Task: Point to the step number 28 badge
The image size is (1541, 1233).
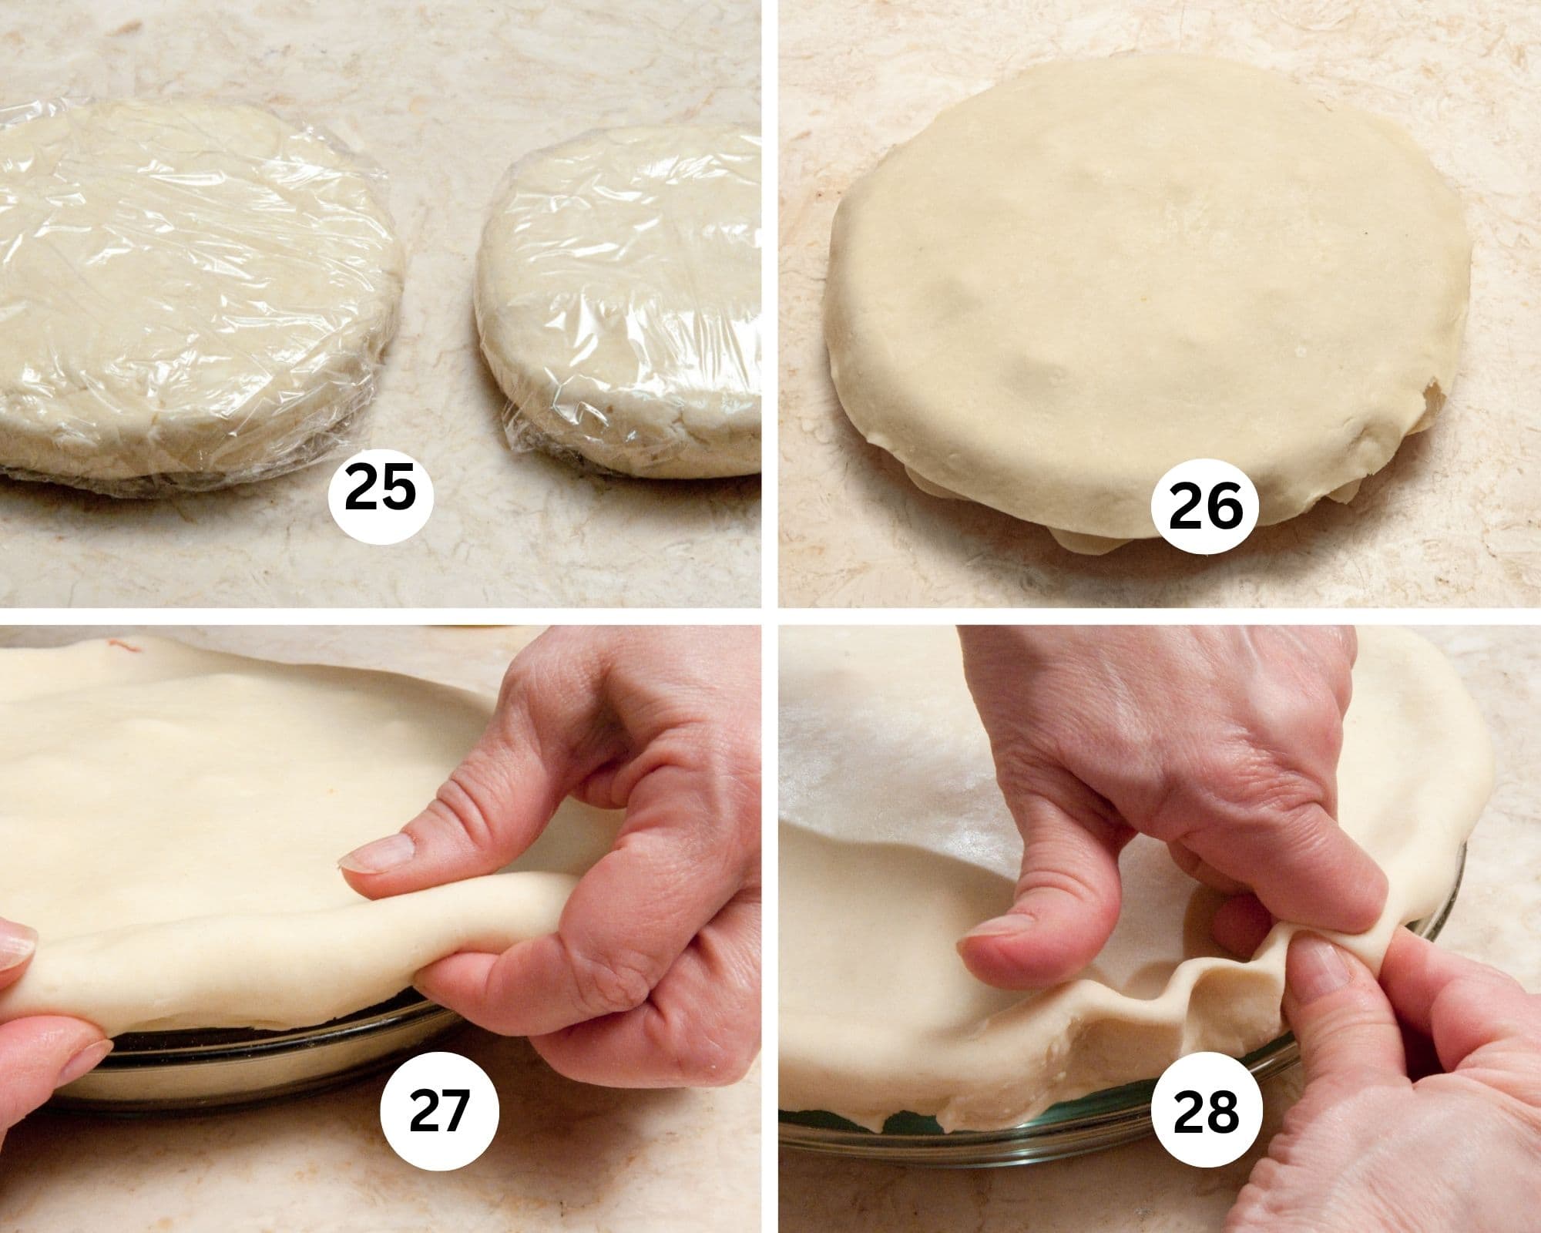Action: (1205, 1110)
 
